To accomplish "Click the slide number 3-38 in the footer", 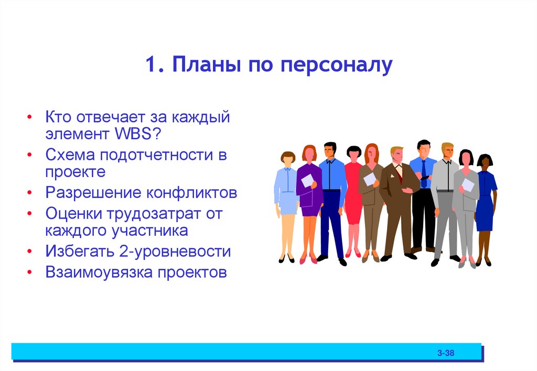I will point(446,353).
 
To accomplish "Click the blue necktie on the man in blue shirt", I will point(424,173).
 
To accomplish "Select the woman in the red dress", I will point(353,199).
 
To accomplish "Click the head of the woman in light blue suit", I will point(287,158).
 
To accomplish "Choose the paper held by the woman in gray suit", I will point(468,184).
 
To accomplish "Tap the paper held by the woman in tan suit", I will point(370,179).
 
